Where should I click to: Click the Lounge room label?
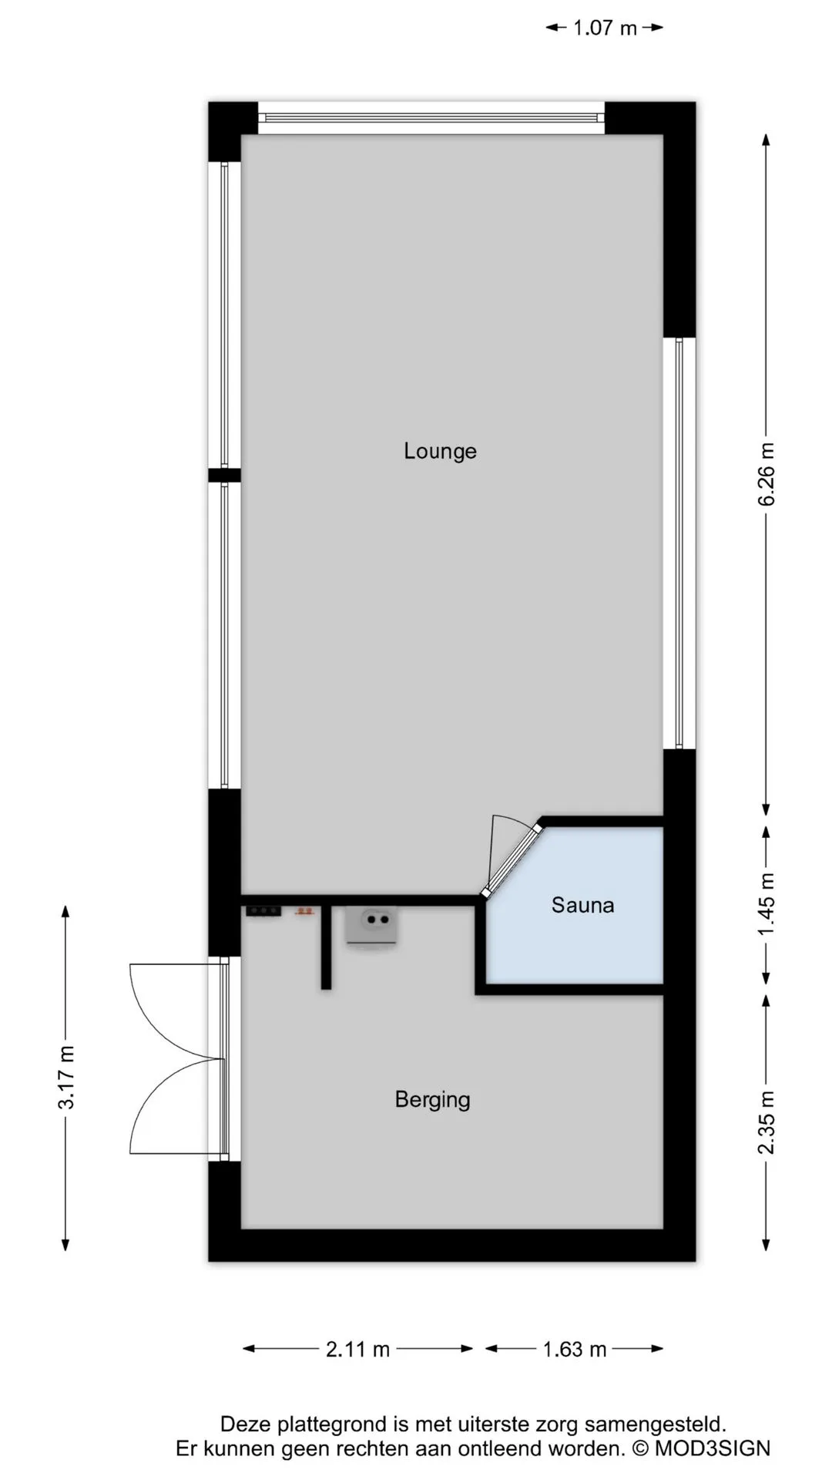[x=440, y=451]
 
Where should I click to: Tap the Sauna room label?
[x=582, y=905]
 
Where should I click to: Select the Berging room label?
[x=432, y=1100]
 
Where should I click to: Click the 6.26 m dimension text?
[x=767, y=474]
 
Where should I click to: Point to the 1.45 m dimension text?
[x=767, y=905]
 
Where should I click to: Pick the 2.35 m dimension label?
[x=767, y=1122]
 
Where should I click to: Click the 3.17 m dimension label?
[x=66, y=1077]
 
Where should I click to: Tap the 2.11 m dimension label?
[x=357, y=1350]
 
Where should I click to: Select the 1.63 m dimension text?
[x=575, y=1350]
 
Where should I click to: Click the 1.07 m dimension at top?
[x=605, y=29]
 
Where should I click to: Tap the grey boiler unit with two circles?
[x=372, y=926]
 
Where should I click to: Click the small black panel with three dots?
[x=263, y=911]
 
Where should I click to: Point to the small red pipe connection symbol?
[x=304, y=911]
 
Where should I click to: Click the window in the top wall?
[x=431, y=118]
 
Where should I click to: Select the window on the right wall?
[x=679, y=543]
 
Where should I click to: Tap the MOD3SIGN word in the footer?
[x=713, y=1448]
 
